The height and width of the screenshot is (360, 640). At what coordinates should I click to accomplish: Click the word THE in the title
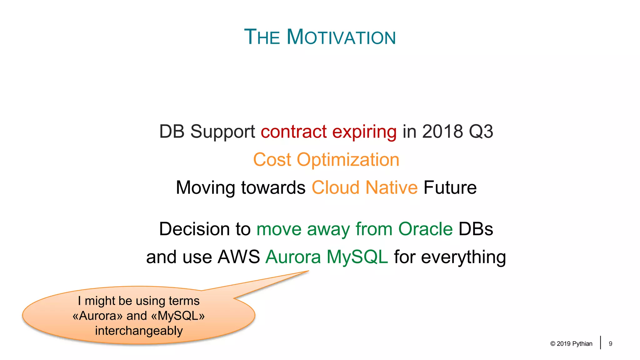coord(262,37)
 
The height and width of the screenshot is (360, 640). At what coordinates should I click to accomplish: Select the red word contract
coord(294,131)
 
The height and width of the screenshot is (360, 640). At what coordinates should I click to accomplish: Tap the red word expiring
coord(364,132)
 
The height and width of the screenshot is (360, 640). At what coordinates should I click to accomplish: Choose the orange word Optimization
coord(348,160)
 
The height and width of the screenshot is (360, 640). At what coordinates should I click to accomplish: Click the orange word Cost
coord(272,160)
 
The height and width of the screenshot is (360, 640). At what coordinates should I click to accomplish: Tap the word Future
coord(450,187)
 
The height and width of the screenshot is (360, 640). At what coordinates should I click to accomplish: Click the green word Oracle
coord(425,229)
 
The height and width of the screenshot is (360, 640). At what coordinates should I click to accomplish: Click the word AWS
coord(239,257)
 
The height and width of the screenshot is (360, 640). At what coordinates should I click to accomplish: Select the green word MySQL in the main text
coord(357,257)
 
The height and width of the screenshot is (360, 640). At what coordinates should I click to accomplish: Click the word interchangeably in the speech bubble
coord(139,331)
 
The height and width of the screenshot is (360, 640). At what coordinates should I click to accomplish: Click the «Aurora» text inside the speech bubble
coord(97,316)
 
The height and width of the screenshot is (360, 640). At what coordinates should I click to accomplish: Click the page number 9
coord(610,344)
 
